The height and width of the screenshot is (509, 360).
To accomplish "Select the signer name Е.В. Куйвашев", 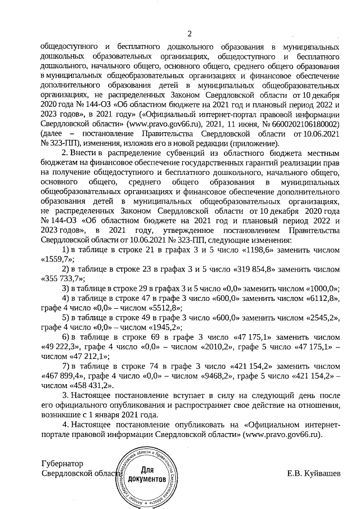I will pos(314,474).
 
